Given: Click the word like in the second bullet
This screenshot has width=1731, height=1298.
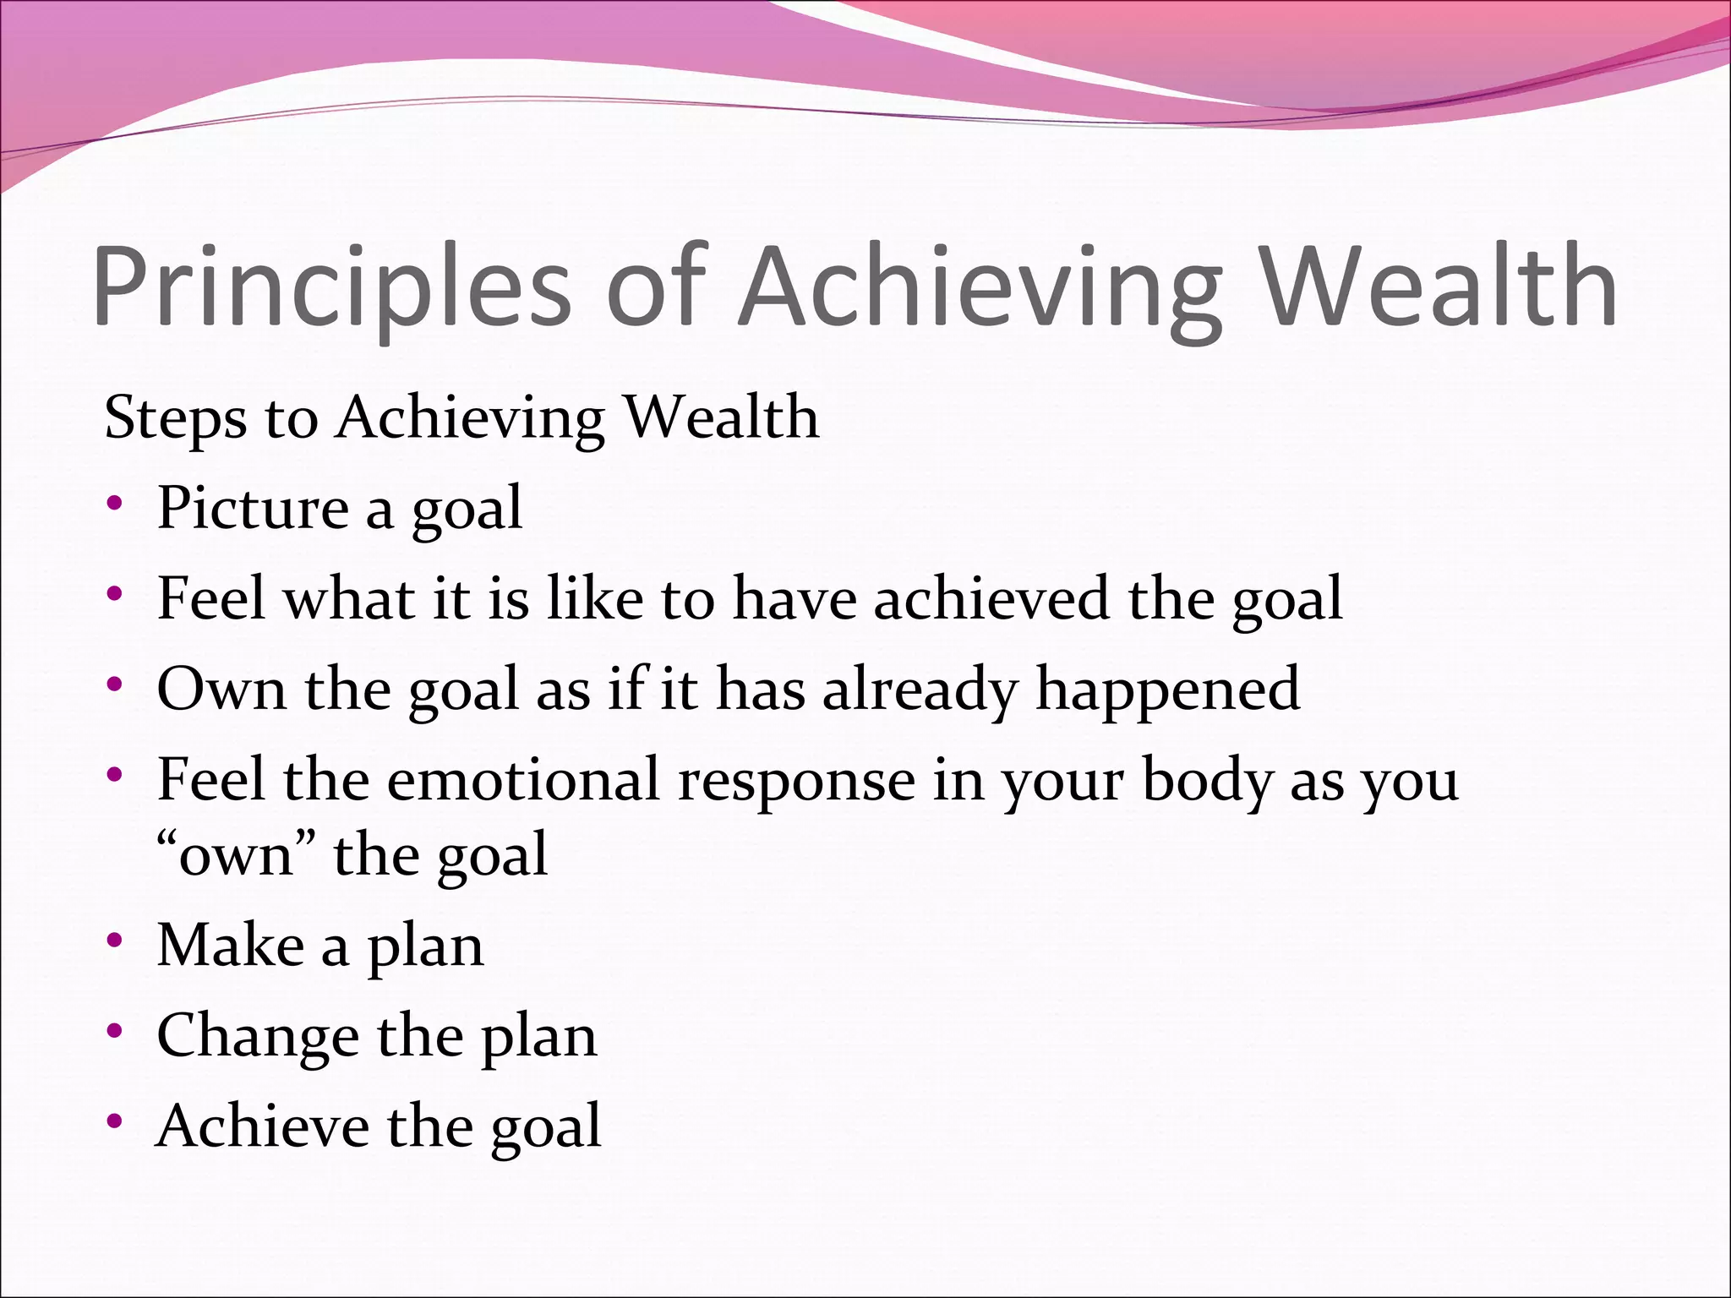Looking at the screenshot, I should tap(595, 598).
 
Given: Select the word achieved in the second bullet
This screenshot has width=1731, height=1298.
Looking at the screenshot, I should tap(990, 598).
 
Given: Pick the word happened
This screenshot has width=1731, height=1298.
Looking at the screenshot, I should tap(1167, 689).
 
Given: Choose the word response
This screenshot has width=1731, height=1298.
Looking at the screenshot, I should tap(796, 781).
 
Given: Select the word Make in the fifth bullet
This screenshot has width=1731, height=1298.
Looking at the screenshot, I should tap(230, 945).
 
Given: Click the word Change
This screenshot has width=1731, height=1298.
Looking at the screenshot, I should tap(258, 1036).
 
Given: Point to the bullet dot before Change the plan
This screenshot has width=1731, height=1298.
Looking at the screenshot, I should tap(115, 1032).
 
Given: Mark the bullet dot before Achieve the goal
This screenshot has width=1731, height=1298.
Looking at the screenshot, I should tap(115, 1122).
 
